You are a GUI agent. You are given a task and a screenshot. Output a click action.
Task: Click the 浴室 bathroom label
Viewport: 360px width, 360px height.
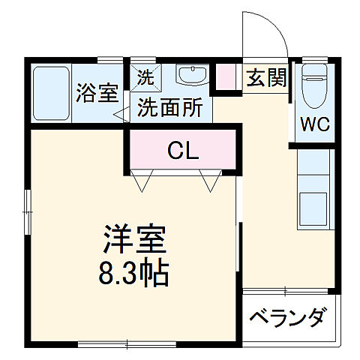pos(97,93)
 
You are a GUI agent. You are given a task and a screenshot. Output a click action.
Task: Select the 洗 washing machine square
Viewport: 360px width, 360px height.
pos(144,76)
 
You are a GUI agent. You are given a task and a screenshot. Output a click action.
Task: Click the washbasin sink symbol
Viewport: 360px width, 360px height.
pos(193,76)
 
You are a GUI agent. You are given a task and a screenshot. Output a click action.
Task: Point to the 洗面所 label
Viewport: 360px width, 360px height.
pos(169,107)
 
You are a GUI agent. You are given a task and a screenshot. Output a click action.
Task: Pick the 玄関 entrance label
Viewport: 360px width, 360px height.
pos(266,77)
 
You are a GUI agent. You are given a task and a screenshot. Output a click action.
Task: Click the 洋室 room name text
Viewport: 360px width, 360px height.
pos(134,238)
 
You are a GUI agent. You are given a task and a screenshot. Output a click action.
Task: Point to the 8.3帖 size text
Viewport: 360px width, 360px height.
pos(134,270)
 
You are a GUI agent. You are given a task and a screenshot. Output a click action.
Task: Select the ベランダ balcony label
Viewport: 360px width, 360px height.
pos(286,316)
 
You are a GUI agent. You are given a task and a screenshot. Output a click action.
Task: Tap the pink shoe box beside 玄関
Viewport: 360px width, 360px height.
pos(224,76)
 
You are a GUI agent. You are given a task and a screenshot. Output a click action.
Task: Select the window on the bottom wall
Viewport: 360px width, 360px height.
pos(112,344)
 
